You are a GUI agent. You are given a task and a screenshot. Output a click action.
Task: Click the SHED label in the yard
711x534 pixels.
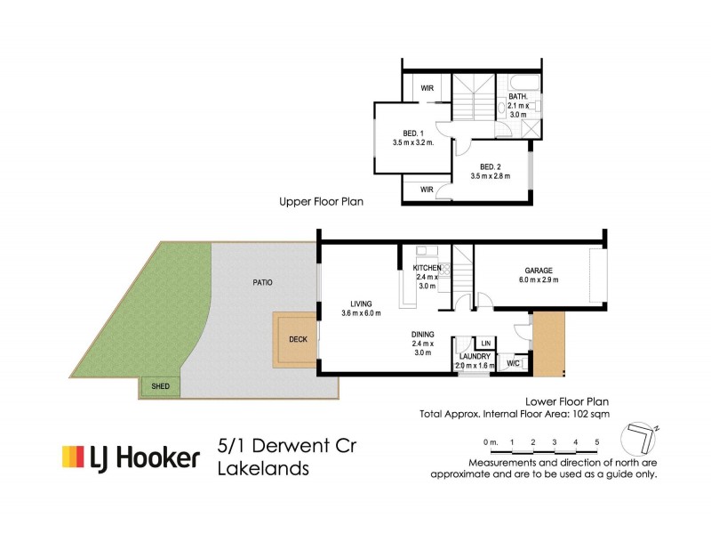[x=161, y=387]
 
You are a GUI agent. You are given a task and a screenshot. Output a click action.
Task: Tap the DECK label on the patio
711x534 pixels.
[x=298, y=338]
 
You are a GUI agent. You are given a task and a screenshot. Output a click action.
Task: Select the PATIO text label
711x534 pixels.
[x=261, y=282]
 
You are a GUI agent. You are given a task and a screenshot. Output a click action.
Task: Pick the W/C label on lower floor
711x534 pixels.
[x=514, y=363]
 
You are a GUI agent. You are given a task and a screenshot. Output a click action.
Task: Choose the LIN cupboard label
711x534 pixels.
[x=485, y=343]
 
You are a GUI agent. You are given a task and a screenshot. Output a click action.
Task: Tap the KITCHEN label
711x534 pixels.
[x=427, y=267]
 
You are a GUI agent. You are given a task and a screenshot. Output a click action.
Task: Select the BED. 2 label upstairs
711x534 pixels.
[x=491, y=166]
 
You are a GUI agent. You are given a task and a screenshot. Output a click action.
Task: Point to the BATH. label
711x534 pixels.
[x=518, y=97]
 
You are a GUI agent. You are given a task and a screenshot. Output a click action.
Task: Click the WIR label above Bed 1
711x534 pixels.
[x=427, y=87]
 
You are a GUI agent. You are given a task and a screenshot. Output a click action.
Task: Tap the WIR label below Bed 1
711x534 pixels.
[x=427, y=190]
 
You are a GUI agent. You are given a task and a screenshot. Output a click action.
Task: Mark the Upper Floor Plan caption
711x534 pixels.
[x=321, y=202]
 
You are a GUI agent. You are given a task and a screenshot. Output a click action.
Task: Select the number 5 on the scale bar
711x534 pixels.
[x=597, y=442]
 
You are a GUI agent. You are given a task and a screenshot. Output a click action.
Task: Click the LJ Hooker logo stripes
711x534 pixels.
[x=72, y=457]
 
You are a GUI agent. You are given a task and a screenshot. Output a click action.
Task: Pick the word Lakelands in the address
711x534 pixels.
[x=263, y=469]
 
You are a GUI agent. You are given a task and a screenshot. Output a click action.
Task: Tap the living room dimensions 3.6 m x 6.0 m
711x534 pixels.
[x=361, y=312]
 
